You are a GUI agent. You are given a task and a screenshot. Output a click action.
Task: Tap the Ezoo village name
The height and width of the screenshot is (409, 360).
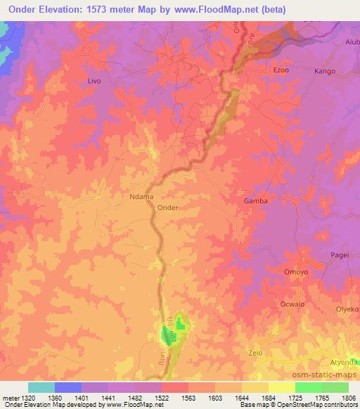click(281, 70)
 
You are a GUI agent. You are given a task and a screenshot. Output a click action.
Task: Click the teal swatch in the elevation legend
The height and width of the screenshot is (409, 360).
click(41, 387)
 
